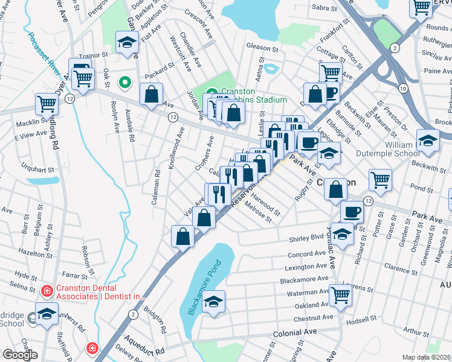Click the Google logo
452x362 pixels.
point(20,355)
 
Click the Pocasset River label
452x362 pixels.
point(45,53)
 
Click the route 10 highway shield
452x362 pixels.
point(402,88)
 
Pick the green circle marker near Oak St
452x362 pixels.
point(126,81)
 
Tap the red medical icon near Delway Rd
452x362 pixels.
point(91,348)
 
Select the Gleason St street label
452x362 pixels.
point(262,46)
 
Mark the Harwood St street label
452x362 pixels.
point(266,204)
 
